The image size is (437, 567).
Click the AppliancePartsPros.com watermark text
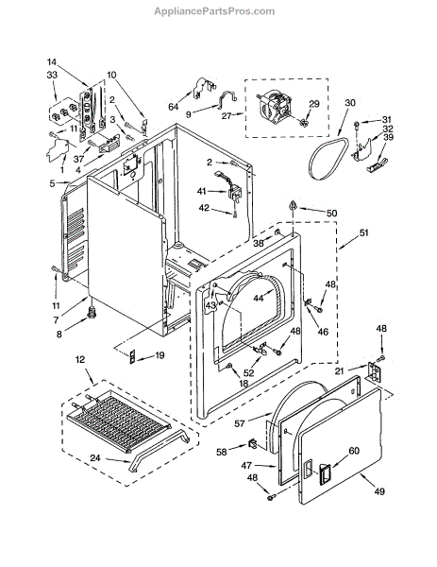pos(214,11)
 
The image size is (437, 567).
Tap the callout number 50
pos(331,213)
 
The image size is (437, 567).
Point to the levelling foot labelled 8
pos(92,311)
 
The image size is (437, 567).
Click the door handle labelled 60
pos(324,473)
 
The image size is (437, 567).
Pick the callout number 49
pos(378,491)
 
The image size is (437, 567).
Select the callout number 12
pos(80,359)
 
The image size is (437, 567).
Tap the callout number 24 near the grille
pos(95,457)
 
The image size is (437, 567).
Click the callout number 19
pos(160,355)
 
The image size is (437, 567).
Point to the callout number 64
pos(174,106)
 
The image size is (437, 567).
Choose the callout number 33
pos(52,75)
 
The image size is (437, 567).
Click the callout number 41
pos(202,191)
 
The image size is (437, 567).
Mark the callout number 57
pos(240,423)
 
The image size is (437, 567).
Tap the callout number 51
pos(363,232)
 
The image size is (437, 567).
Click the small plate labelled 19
pos(132,356)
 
